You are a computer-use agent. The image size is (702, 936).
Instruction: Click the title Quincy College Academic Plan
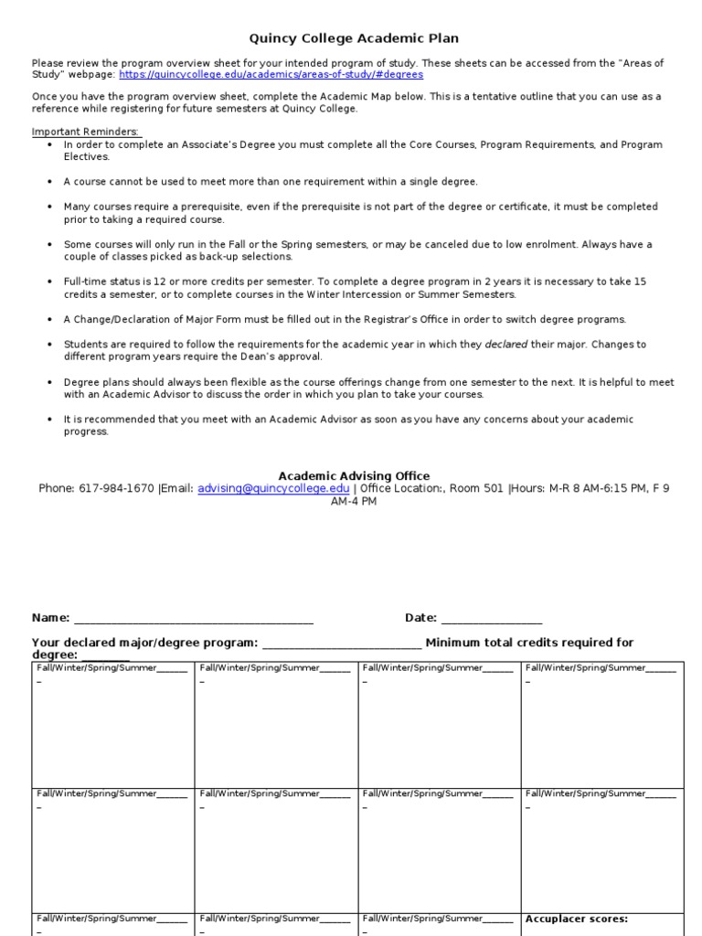pos(354,38)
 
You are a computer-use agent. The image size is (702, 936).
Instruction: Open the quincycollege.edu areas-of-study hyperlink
pos(271,74)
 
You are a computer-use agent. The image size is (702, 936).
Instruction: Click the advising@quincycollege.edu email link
pos(273,488)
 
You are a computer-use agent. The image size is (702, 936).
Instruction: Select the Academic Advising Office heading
pos(354,475)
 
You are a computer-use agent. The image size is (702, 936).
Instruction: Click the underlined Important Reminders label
pos(86,132)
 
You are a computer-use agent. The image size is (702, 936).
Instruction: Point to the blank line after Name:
pos(193,619)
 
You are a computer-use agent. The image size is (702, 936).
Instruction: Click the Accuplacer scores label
pos(576,919)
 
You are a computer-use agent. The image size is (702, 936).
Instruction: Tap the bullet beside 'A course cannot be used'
pos(48,182)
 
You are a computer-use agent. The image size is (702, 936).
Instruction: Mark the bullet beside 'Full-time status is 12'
pos(48,282)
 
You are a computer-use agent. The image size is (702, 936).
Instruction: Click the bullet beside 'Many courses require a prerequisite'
pos(48,207)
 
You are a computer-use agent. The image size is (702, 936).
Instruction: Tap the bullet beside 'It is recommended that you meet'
pos(48,420)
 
